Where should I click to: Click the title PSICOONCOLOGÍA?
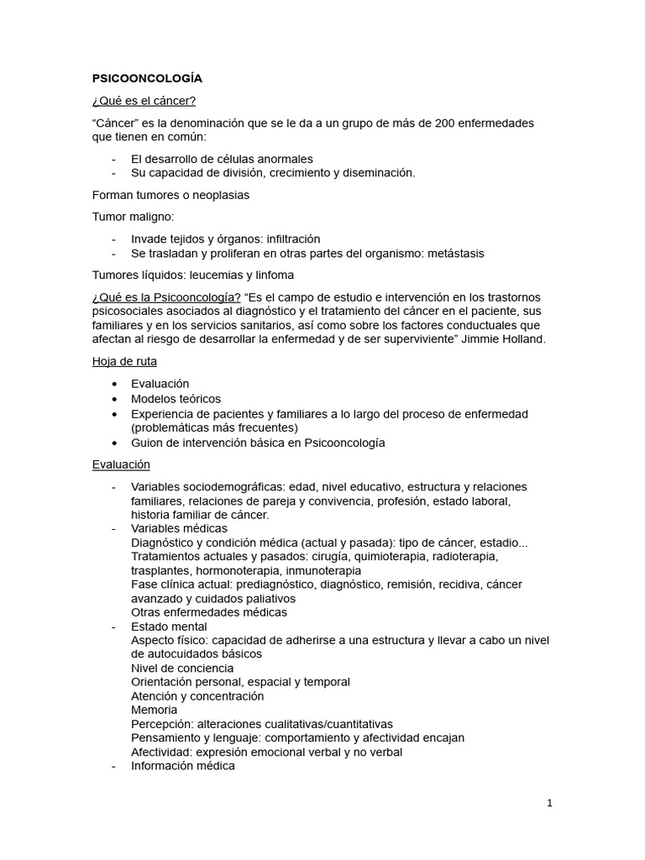click(147, 79)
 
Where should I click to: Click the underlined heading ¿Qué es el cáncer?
click(144, 102)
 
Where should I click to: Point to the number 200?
click(445, 123)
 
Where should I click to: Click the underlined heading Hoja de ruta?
click(124, 361)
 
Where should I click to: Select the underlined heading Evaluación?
click(121, 464)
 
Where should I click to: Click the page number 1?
click(549, 803)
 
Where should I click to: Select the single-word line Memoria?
click(155, 710)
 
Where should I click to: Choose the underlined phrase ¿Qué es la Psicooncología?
click(166, 297)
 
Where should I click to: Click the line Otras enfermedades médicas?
click(209, 612)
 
